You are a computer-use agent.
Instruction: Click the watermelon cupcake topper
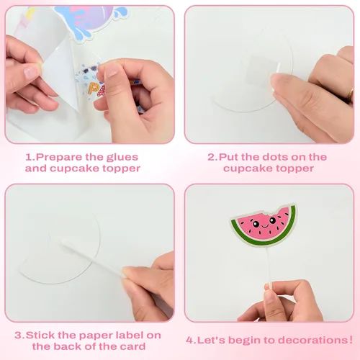264,225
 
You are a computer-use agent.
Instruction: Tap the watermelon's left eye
256,224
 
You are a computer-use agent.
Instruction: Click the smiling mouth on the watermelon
264,227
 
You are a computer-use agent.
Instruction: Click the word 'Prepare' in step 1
59,158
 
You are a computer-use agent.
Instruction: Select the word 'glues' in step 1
122,157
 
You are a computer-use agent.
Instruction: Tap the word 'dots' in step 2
274,157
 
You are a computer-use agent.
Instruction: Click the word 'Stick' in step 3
40,336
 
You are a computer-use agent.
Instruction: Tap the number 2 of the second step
212,157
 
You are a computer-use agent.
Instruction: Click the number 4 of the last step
190,340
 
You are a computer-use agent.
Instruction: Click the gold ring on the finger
351,94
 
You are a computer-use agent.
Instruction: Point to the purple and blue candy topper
89,20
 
